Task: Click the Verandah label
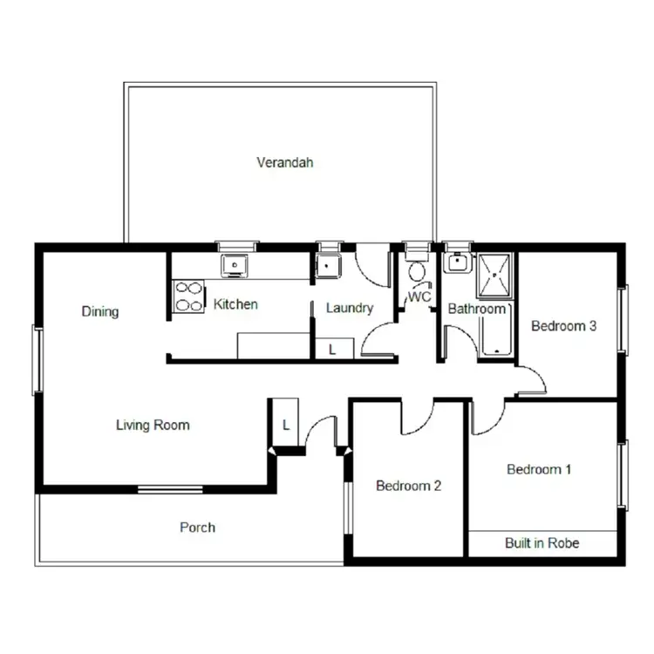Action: pyautogui.click(x=284, y=162)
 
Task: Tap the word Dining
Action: pyautogui.click(x=99, y=311)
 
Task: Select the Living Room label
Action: pyautogui.click(x=153, y=426)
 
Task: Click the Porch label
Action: pyautogui.click(x=197, y=527)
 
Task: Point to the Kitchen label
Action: pyautogui.click(x=235, y=304)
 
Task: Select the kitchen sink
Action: pyautogui.click(x=235, y=265)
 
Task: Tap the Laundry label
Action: pyautogui.click(x=349, y=308)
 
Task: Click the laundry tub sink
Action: pyautogui.click(x=328, y=265)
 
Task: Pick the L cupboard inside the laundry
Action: pyautogui.click(x=332, y=349)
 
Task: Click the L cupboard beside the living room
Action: pyautogui.click(x=285, y=425)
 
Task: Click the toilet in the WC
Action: pyautogui.click(x=417, y=272)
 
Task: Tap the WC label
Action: pyautogui.click(x=419, y=296)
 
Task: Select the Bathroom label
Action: pyautogui.click(x=476, y=309)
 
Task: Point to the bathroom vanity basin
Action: pyautogui.click(x=456, y=263)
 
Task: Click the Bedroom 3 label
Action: pyautogui.click(x=563, y=326)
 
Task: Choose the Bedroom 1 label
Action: pyautogui.click(x=539, y=469)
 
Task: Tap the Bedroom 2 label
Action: pyautogui.click(x=408, y=486)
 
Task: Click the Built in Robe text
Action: pyautogui.click(x=542, y=543)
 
